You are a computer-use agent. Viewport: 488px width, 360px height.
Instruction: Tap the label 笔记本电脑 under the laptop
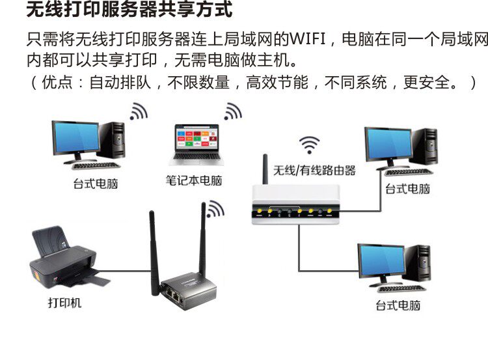tap(193, 180)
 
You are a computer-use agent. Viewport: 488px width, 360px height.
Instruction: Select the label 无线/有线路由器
tap(314, 171)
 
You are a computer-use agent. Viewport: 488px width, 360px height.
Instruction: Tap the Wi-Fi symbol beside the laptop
tap(232, 112)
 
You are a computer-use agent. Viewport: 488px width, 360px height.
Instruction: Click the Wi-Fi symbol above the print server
tap(215, 208)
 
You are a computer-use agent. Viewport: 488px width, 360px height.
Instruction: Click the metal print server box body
tap(187, 291)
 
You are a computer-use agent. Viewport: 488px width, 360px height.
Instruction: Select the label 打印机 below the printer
tap(64, 303)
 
